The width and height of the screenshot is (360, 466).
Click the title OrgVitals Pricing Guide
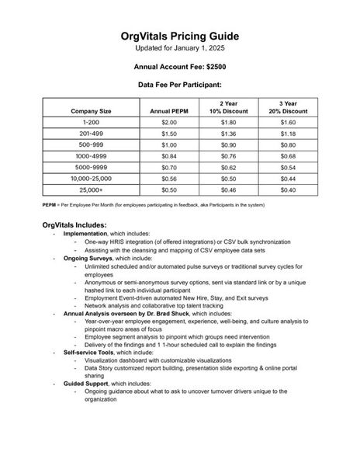(179, 36)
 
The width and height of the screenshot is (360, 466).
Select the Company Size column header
(91, 111)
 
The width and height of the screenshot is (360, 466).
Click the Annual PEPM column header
(168, 111)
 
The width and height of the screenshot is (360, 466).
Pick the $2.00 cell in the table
(168, 123)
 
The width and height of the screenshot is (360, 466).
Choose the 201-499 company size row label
(91, 134)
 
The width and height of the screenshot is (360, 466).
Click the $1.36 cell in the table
(228, 134)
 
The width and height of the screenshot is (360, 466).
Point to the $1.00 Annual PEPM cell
(168, 144)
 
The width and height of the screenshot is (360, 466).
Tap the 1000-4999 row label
(91, 155)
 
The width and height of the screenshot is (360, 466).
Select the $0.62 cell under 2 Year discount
(228, 167)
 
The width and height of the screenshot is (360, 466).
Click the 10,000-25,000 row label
(91, 178)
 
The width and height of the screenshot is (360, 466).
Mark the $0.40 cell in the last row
(288, 189)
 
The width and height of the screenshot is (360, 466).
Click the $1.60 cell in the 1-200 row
(288, 123)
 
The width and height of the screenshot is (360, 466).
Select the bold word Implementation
(88, 233)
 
